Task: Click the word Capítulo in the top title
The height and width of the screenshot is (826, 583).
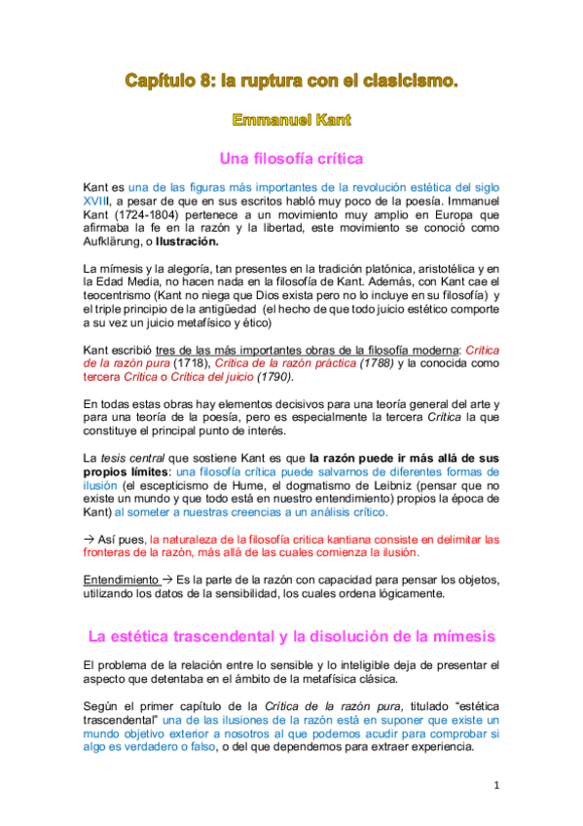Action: (160, 82)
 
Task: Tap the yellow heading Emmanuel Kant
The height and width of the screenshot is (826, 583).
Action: (291, 120)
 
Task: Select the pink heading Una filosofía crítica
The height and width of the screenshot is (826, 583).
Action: (291, 157)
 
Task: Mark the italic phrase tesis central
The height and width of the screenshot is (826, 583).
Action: (135, 456)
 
